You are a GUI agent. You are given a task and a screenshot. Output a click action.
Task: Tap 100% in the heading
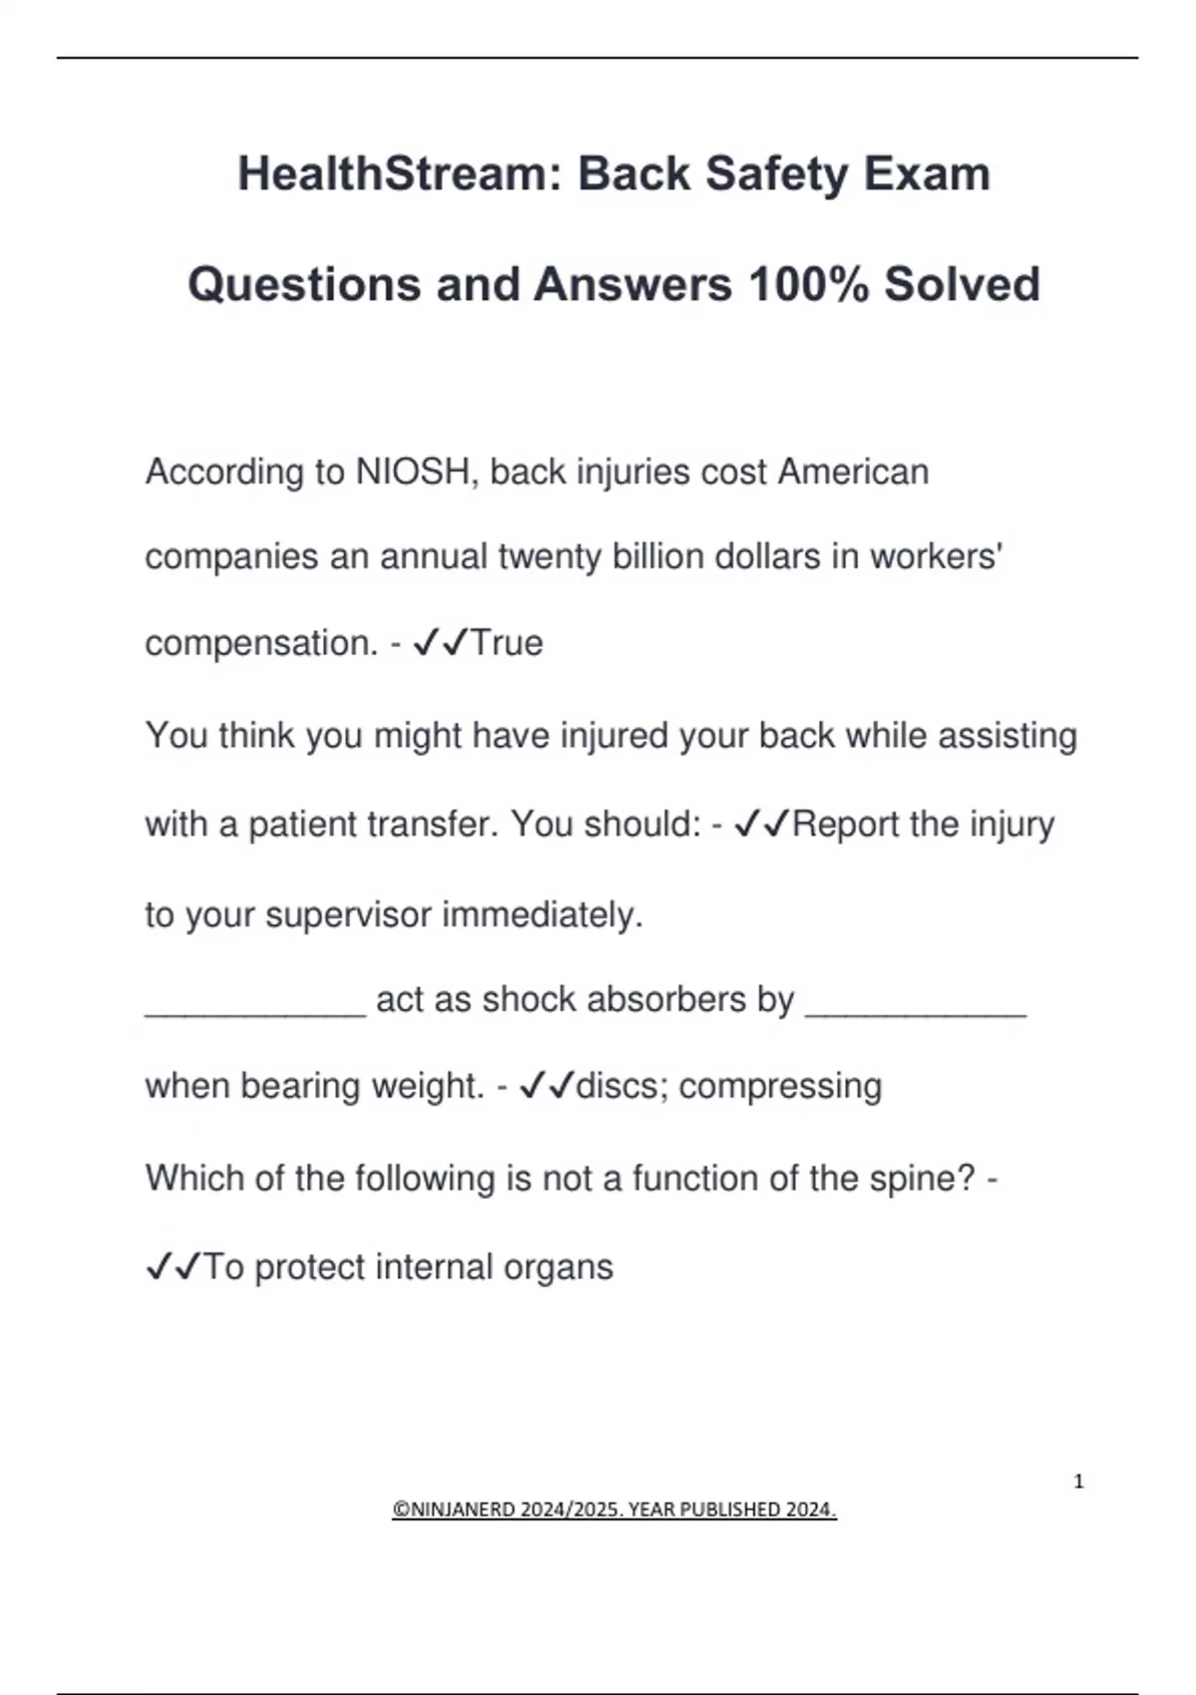(x=806, y=284)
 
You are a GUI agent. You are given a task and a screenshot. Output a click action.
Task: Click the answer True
(x=506, y=643)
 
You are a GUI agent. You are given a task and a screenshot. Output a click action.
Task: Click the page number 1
(x=1078, y=1482)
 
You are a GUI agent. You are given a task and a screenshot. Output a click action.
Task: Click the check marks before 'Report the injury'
(x=761, y=825)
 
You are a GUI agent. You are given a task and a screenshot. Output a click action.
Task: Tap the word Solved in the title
(x=962, y=284)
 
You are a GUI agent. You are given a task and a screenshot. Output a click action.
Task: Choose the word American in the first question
(x=853, y=472)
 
